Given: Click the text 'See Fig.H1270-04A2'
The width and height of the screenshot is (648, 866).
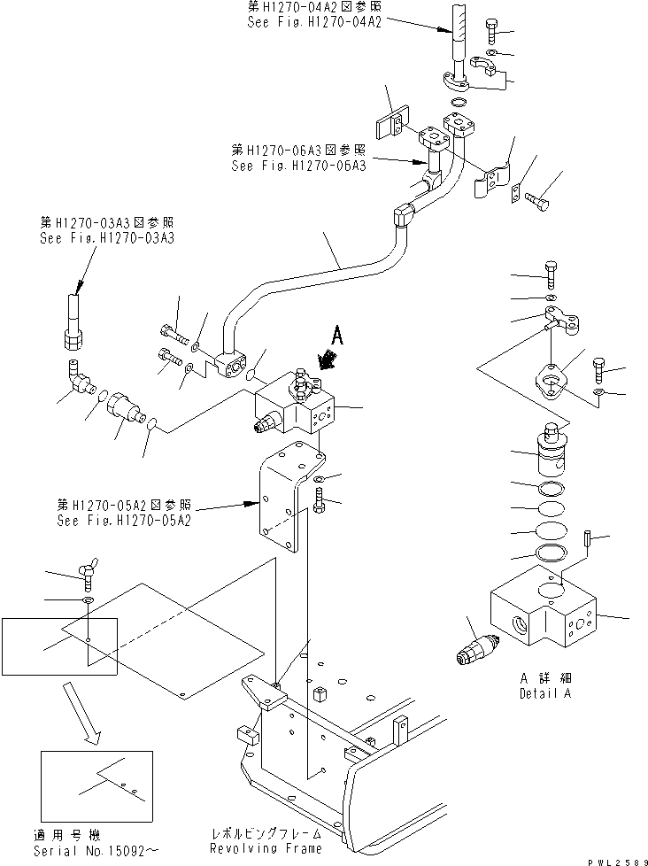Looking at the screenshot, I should (x=313, y=23).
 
